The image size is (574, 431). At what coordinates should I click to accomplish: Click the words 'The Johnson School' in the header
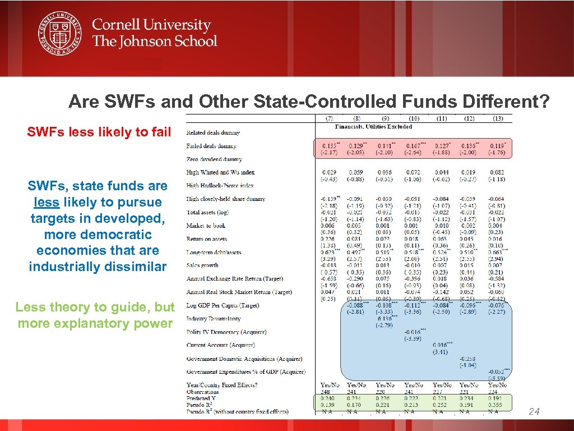click(154, 41)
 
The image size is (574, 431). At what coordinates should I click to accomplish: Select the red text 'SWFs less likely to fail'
click(95, 132)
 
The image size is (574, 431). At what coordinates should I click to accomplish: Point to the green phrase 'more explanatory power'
click(95, 323)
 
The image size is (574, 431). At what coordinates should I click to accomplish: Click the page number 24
click(534, 412)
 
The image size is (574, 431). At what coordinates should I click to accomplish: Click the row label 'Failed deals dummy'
click(212, 146)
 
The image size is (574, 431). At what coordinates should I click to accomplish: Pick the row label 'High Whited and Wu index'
click(220, 172)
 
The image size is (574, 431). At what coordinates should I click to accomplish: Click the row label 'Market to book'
click(207, 226)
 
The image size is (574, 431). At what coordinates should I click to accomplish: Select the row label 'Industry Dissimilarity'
click(214, 319)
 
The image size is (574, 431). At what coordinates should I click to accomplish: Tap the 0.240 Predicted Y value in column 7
click(328, 398)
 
